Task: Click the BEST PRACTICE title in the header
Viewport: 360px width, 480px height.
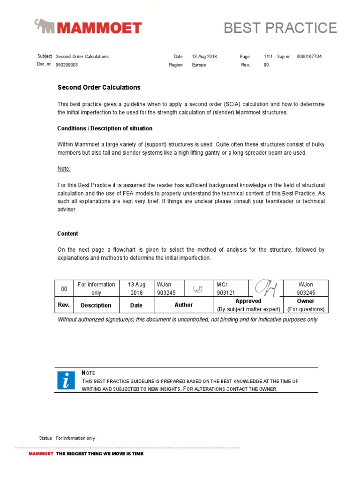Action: [280, 28]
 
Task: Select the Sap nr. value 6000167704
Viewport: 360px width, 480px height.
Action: [309, 57]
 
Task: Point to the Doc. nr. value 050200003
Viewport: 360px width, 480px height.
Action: [67, 65]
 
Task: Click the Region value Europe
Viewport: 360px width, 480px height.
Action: [199, 65]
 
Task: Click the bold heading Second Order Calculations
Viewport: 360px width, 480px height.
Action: [99, 88]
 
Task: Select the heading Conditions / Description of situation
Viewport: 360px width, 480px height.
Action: [105, 128]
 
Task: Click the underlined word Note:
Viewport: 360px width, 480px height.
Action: [64, 169]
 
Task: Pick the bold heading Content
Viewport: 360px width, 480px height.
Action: [67, 233]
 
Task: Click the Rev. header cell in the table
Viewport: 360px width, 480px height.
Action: [64, 305]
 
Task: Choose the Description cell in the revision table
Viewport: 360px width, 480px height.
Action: [96, 305]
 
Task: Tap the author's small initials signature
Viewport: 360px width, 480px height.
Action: [197, 288]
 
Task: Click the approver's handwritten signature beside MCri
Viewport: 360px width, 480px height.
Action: [265, 287]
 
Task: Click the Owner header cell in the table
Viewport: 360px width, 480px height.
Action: [306, 301]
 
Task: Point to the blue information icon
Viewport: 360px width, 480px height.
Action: [66, 380]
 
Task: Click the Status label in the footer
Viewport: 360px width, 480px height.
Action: [45, 438]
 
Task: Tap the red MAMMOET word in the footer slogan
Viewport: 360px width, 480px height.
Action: [41, 454]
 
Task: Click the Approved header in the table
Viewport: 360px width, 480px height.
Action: [248, 301]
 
